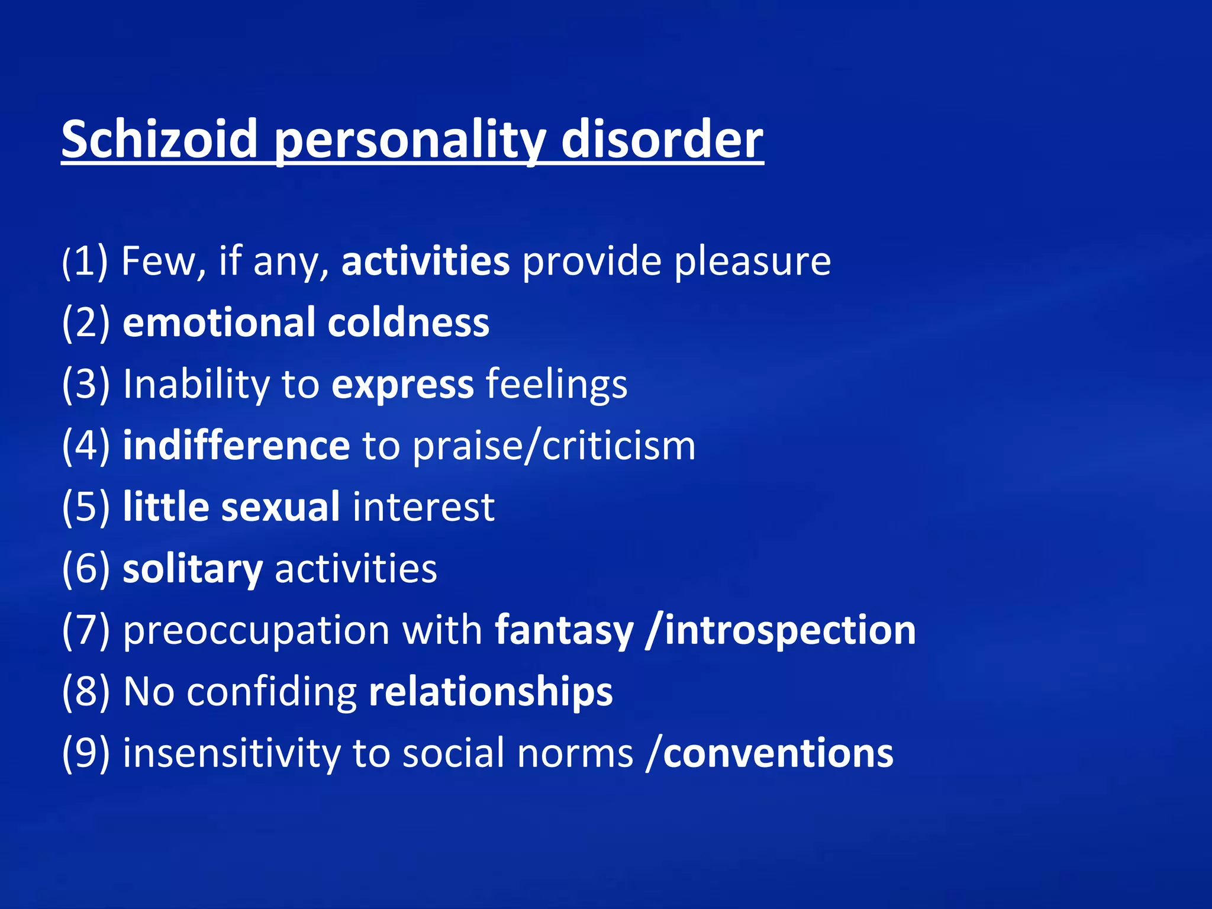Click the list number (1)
[85, 262]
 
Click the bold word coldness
[408, 323]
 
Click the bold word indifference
[236, 446]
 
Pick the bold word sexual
[281, 508]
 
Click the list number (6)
[86, 569]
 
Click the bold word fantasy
[564, 631]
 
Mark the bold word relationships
[491, 692]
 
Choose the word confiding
[272, 692]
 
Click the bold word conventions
[778, 754]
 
